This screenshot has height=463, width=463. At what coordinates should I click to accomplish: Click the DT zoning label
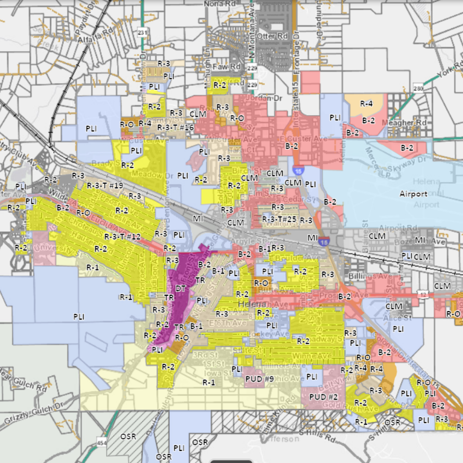[180, 289]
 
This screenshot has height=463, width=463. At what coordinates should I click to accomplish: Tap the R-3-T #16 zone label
[175, 127]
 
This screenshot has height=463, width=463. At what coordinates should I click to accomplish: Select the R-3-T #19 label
[105, 185]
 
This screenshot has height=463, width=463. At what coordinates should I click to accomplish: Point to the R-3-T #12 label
[122, 237]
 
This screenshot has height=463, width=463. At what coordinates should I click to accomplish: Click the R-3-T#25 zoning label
[279, 219]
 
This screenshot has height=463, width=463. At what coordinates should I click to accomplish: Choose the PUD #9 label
[259, 379]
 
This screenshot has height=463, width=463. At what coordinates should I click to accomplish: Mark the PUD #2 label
[323, 397]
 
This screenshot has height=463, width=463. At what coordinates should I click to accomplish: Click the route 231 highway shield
[142, 33]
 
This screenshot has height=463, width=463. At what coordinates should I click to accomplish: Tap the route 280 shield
[418, 88]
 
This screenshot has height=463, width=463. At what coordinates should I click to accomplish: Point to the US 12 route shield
[422, 294]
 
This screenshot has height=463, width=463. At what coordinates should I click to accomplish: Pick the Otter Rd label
[272, 36]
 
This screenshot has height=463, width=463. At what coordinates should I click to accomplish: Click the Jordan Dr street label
[263, 98]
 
